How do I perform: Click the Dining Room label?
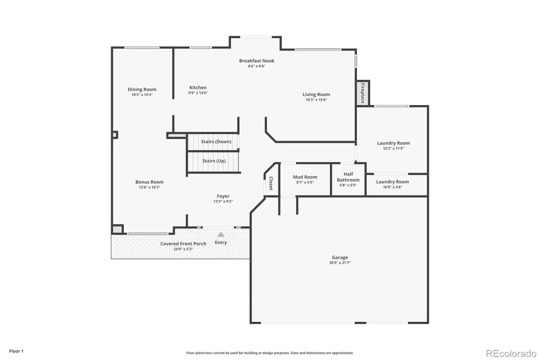[x=142, y=89]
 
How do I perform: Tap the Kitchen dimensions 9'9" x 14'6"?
[x=198, y=93]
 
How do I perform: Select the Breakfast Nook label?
[x=256, y=61]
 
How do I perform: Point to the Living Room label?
[x=316, y=95]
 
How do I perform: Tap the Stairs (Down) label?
[x=216, y=142]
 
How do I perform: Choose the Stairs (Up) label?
[x=214, y=161]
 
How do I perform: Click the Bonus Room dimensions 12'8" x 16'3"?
[x=150, y=187]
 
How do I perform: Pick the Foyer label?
[x=223, y=196]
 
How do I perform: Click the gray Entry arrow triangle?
[x=221, y=234]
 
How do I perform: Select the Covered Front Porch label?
[x=183, y=244]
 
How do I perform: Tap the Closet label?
[x=271, y=183]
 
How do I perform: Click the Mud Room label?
[x=305, y=177]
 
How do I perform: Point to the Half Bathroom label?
[x=348, y=177]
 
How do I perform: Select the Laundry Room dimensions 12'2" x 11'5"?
[x=394, y=148]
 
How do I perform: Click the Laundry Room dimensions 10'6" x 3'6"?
[x=393, y=187]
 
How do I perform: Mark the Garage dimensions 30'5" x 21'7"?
[x=340, y=263]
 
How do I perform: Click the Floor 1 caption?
[x=16, y=351]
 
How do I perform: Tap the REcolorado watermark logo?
[x=511, y=354]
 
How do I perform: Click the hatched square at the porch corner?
[x=117, y=229]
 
